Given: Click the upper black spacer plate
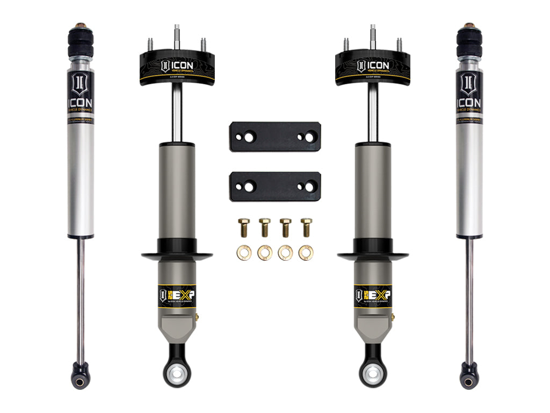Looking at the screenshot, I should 274,137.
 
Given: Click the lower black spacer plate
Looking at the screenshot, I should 274,186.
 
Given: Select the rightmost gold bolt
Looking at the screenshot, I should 306,227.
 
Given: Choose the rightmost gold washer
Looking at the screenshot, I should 306,252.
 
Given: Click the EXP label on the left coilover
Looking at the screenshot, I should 177,295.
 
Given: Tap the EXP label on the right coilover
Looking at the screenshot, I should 373,295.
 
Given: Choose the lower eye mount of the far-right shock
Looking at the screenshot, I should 468,376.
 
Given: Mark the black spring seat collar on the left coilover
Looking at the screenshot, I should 177,253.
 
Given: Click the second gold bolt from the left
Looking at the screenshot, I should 264,227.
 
